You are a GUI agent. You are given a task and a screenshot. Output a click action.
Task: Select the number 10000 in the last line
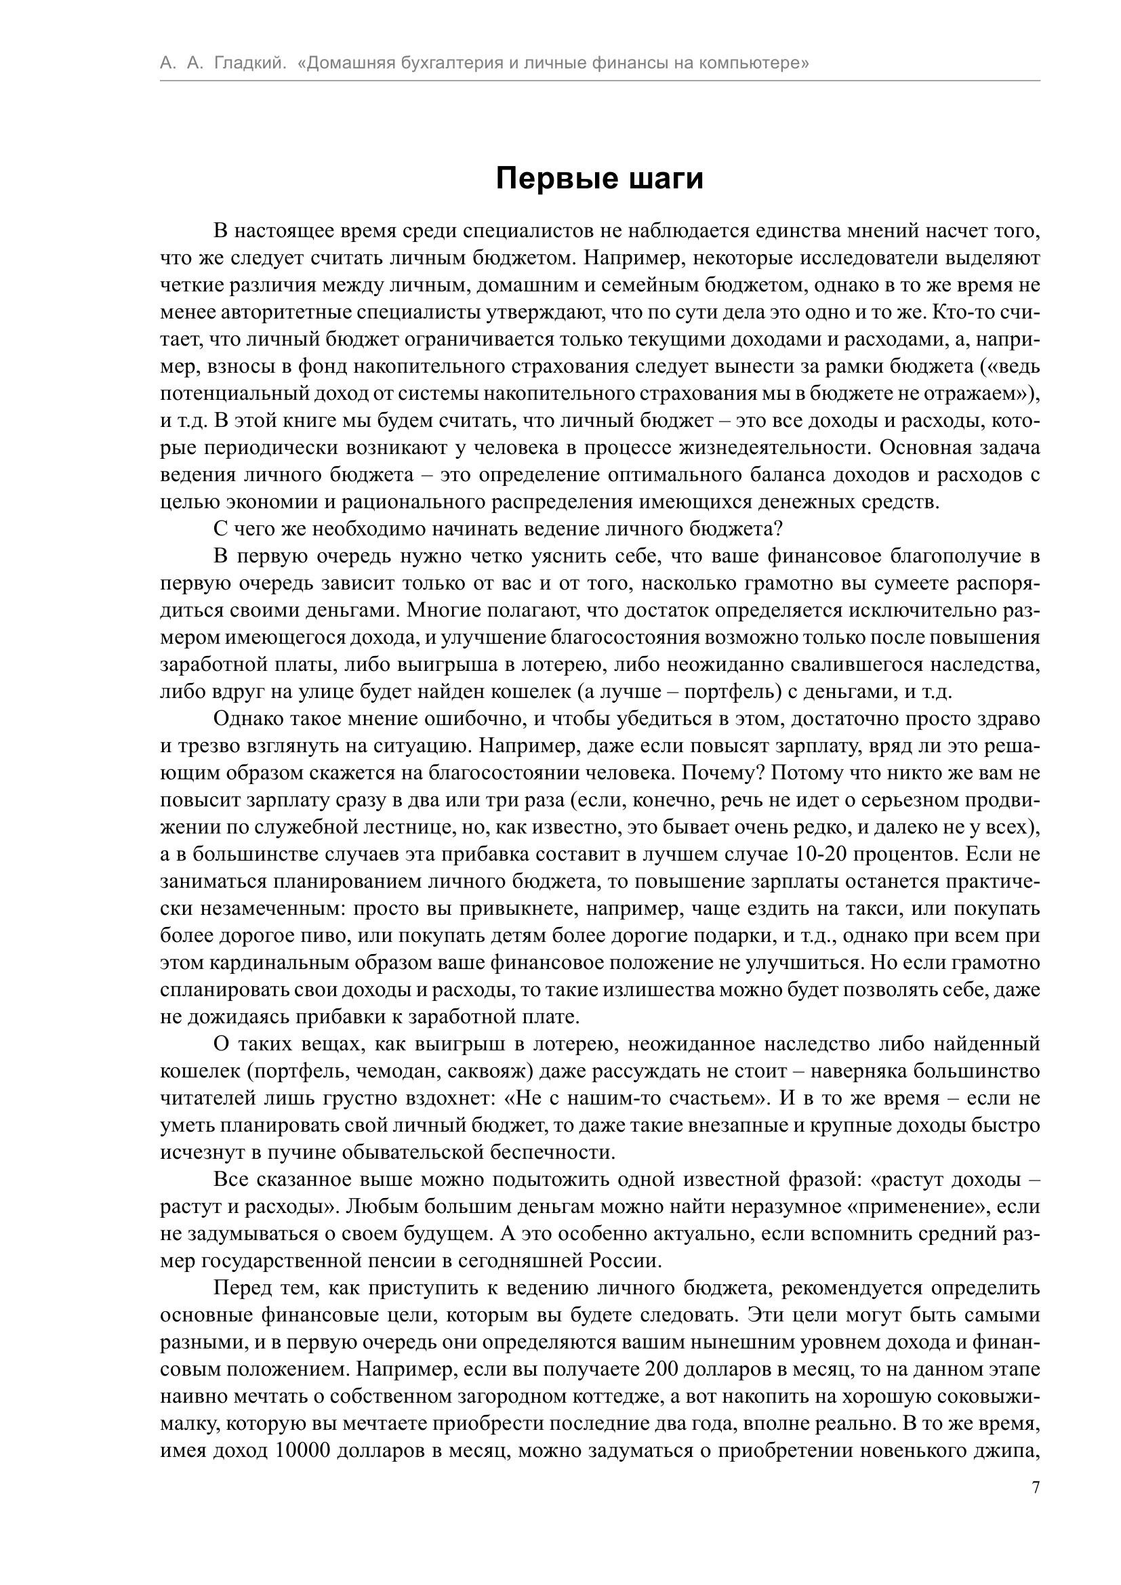[x=304, y=1450]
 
